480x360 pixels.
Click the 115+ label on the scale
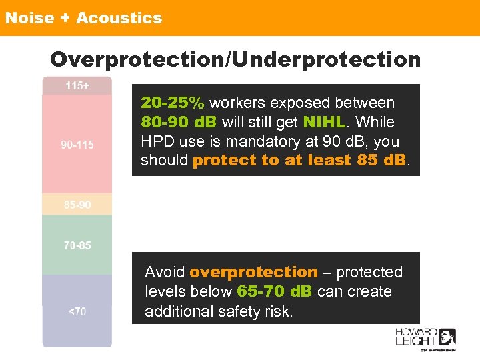pos(77,86)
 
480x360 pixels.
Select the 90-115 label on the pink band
pos(77,145)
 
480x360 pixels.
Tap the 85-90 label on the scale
pos(77,205)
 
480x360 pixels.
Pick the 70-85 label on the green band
pos(77,245)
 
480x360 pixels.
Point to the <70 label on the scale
pos(77,311)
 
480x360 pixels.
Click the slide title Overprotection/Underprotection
pos(235,59)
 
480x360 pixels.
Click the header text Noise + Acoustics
pos(83,18)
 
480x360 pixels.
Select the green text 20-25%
pos(173,103)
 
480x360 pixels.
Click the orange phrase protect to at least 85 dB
pos(300,161)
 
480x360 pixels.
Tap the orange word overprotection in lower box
pos(253,272)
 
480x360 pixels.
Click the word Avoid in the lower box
pos(165,272)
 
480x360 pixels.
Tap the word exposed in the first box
pos(302,103)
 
